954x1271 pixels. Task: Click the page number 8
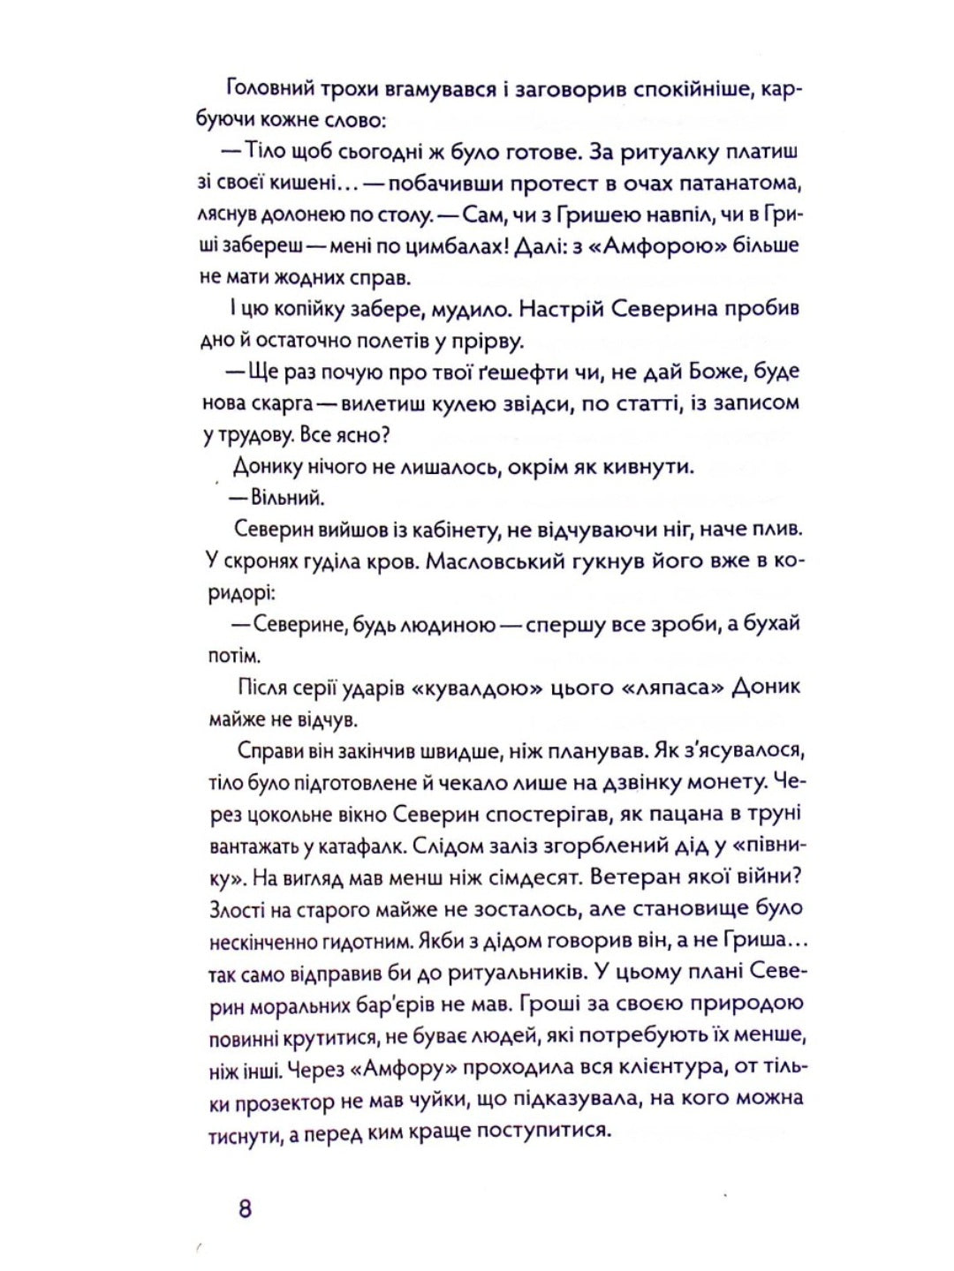pyautogui.click(x=245, y=1207)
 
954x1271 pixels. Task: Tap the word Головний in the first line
pyautogui.click(x=265, y=88)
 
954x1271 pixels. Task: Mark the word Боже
pyautogui.click(x=722, y=372)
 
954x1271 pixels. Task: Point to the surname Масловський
pyautogui.click(x=505, y=561)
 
